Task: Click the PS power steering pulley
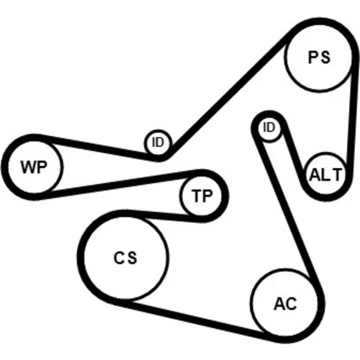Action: click(x=319, y=58)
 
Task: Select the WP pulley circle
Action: click(x=35, y=167)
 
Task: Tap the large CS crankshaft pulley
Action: click(x=125, y=258)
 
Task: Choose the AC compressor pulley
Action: click(x=284, y=303)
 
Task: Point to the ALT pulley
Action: click(x=325, y=174)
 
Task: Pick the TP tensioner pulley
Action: click(x=201, y=196)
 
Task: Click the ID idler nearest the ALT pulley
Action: click(x=269, y=127)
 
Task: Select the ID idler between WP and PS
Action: click(x=158, y=143)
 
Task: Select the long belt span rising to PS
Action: click(x=228, y=95)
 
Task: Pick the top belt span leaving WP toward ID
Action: click(x=96, y=148)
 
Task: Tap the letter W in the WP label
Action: click(x=27, y=167)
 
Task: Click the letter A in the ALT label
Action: click(x=315, y=174)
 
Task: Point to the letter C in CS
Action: click(x=119, y=258)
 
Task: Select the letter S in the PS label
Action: click(x=325, y=58)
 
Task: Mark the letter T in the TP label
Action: click(x=197, y=196)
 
